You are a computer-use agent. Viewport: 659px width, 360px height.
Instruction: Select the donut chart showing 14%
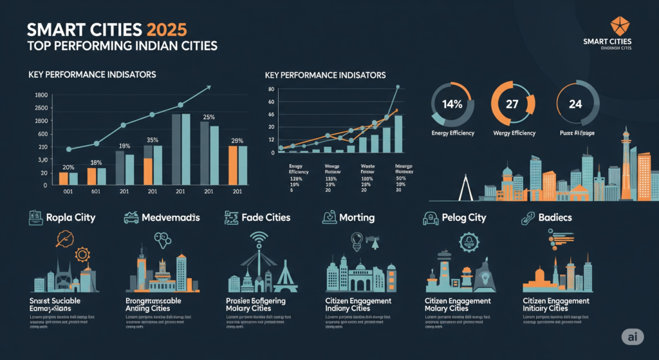coord(452,102)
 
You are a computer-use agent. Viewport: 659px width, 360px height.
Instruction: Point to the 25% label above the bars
coord(209,117)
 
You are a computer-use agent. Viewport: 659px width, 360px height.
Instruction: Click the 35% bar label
coord(153,140)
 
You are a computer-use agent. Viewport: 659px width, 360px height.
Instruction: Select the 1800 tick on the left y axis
coord(41,95)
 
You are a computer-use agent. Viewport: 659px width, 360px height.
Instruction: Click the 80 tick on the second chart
coord(271,90)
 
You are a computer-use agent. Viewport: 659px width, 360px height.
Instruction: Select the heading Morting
coord(357,218)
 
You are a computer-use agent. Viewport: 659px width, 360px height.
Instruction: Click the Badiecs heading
coord(553,218)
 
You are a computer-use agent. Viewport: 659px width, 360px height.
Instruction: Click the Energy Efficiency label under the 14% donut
coord(452,133)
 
